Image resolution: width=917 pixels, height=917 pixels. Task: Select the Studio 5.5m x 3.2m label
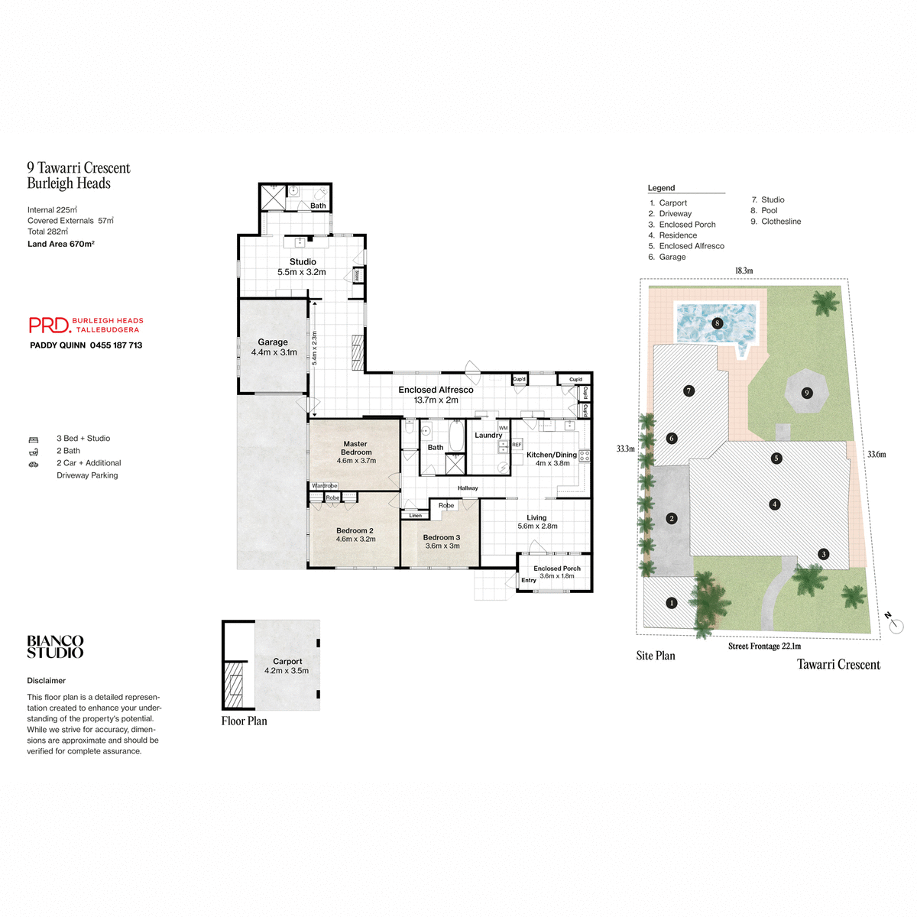click(302, 267)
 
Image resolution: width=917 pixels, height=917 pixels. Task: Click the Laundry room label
click(488, 436)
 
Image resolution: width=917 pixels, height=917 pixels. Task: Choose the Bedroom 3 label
click(442, 541)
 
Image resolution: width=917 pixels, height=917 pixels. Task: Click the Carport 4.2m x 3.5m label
click(287, 666)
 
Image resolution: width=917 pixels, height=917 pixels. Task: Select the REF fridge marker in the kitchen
click(517, 445)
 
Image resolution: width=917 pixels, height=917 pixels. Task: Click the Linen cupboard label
click(415, 516)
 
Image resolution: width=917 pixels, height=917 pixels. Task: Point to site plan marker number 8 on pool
click(717, 323)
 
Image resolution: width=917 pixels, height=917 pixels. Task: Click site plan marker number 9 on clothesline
click(806, 393)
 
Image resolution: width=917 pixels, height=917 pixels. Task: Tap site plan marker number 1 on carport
click(672, 603)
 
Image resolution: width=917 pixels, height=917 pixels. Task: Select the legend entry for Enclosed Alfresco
click(691, 246)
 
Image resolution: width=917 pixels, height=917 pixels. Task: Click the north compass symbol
click(895, 624)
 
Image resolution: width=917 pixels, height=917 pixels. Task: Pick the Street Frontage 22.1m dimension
click(764, 646)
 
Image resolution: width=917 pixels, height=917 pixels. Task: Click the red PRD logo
click(50, 326)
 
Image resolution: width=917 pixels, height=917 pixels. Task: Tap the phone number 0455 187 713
click(116, 345)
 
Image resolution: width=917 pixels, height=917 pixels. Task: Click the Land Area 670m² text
click(61, 245)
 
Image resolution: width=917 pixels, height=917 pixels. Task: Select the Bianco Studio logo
click(55, 646)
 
